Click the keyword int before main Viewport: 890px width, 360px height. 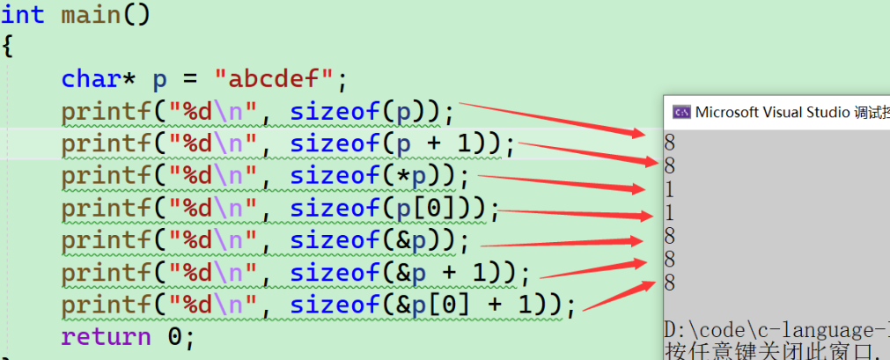(23, 15)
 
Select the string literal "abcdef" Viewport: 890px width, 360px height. (280, 80)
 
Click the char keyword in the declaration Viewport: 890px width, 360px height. (90, 80)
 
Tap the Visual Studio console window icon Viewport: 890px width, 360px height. (680, 112)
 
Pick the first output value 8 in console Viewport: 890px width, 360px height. (670, 141)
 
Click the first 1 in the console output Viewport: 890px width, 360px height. (670, 188)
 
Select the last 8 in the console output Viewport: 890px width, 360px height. (670, 283)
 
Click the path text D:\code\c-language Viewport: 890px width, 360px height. (775, 330)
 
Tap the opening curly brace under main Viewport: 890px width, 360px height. (8, 47)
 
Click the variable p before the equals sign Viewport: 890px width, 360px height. (159, 80)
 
